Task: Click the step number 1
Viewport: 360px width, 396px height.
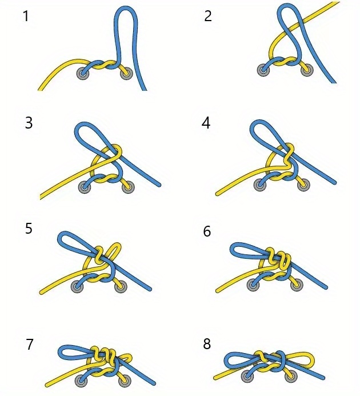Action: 26,16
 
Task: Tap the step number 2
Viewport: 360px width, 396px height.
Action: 207,16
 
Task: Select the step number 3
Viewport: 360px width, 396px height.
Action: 29,123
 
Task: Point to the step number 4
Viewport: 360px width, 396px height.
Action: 206,123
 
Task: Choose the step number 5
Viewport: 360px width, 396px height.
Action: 29,229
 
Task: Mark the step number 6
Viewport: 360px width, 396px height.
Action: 207,231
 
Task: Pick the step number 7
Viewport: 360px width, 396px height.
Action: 30,345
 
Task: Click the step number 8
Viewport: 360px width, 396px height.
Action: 207,344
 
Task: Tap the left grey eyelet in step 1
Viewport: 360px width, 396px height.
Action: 83,74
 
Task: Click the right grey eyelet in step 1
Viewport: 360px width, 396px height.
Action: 126,74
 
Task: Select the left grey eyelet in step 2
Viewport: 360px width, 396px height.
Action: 263,70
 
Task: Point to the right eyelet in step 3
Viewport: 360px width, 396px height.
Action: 128,187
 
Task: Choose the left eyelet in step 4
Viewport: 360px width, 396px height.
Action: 260,185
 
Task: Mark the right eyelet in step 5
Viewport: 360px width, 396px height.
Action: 121,286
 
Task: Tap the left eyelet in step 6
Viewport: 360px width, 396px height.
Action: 253,285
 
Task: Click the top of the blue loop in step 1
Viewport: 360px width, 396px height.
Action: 126,8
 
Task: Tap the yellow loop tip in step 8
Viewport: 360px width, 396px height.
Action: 313,359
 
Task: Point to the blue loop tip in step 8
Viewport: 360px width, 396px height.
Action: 226,361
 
